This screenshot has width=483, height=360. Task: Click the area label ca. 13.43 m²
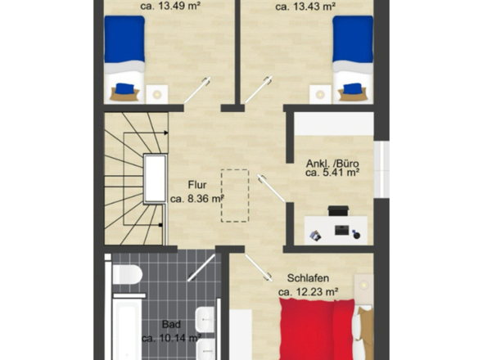point(306,6)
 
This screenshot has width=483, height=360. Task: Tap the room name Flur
point(197,185)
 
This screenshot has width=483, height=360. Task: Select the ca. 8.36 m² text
point(197,198)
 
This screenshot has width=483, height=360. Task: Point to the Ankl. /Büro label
point(332,162)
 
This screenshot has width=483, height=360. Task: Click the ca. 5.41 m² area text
point(332,173)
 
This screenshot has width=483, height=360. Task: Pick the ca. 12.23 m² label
point(309,291)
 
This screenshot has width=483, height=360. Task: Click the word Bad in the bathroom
point(171,324)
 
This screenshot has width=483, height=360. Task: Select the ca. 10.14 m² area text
point(171,337)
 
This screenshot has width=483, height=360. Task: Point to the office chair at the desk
point(357,235)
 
